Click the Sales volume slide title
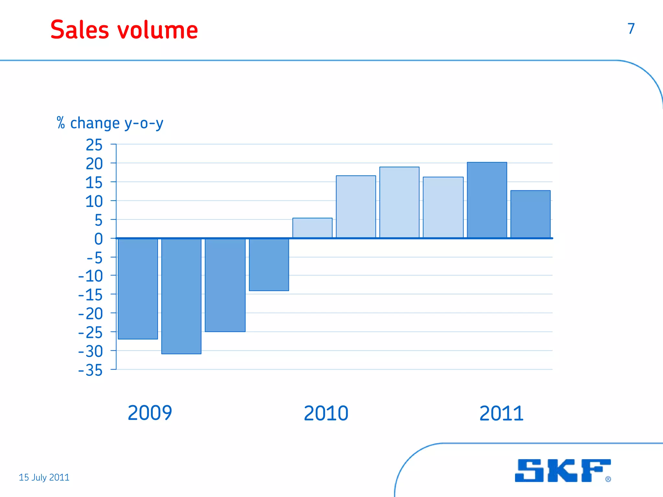click(x=124, y=30)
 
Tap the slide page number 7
click(x=631, y=28)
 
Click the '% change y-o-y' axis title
click(x=110, y=123)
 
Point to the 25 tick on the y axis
click(x=94, y=145)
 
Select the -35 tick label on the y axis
click(x=91, y=370)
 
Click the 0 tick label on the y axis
click(x=98, y=239)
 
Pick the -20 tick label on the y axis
click(x=91, y=314)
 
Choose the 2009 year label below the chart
click(x=150, y=413)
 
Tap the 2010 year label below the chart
click(x=326, y=413)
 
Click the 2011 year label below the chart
click(x=501, y=413)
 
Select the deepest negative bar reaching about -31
click(x=181, y=296)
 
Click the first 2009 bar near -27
click(x=138, y=289)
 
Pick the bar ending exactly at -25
click(x=225, y=285)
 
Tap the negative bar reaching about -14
click(x=269, y=264)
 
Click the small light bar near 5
click(x=312, y=228)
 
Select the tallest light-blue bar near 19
click(x=399, y=203)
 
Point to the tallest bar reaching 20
click(x=487, y=200)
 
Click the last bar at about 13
click(x=530, y=214)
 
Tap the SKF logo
click(x=563, y=470)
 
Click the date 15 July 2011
click(x=44, y=477)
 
